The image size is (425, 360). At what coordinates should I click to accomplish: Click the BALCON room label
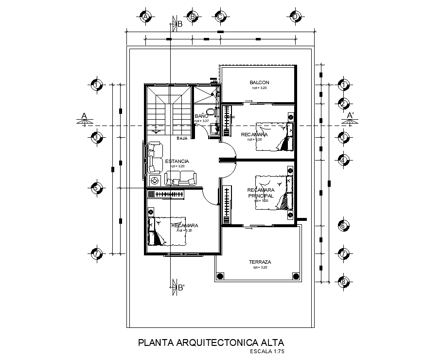(x=259, y=83)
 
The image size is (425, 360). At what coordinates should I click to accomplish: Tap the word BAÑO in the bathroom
(x=201, y=116)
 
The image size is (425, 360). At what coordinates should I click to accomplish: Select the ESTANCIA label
(x=177, y=161)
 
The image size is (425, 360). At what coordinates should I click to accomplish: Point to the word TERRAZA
(x=260, y=262)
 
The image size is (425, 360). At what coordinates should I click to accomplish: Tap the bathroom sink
(x=213, y=128)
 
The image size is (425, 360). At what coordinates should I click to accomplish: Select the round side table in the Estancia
(x=155, y=181)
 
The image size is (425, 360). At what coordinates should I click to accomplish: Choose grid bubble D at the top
(x=295, y=17)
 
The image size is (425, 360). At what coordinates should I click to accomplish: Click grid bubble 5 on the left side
(x=97, y=188)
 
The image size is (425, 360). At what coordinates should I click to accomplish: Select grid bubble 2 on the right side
(x=343, y=104)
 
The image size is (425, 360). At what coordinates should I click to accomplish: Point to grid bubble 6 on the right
(x=343, y=226)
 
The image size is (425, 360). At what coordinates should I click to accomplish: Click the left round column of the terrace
(x=220, y=276)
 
